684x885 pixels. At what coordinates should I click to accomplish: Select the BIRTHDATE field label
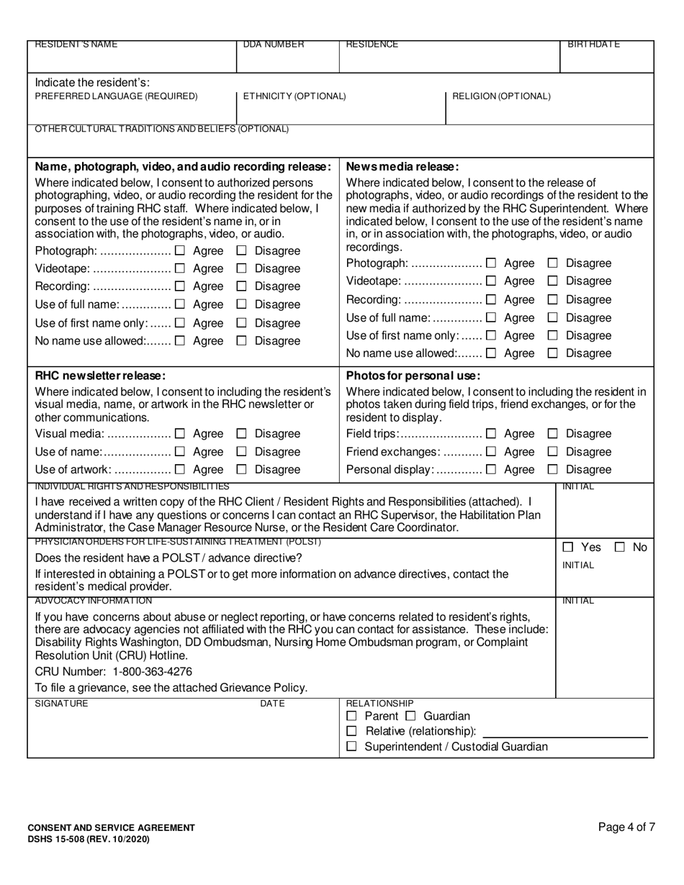pos(594,45)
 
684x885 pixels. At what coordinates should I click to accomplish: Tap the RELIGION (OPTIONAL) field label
pos(501,96)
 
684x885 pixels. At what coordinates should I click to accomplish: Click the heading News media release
pos(402,166)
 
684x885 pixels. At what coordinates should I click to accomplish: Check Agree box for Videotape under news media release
pos(492,281)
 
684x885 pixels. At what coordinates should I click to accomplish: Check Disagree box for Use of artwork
pos(242,470)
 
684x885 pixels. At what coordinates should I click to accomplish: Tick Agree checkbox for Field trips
pos(492,434)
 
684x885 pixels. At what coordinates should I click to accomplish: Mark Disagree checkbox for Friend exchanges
pos(553,452)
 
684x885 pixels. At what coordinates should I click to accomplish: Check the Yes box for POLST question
pos(568,548)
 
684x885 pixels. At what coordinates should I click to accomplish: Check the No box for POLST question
pos(620,548)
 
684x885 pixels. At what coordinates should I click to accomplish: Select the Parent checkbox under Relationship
pos(351,716)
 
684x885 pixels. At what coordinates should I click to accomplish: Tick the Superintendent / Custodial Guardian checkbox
pos(351,747)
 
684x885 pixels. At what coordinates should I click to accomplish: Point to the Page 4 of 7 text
pos(626,827)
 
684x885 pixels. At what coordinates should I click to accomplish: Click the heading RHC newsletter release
pos(100,376)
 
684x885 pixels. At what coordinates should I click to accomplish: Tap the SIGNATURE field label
pos(61,704)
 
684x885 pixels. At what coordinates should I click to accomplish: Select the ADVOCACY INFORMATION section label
pos(93,601)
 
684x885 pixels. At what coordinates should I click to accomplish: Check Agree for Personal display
pos(492,470)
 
